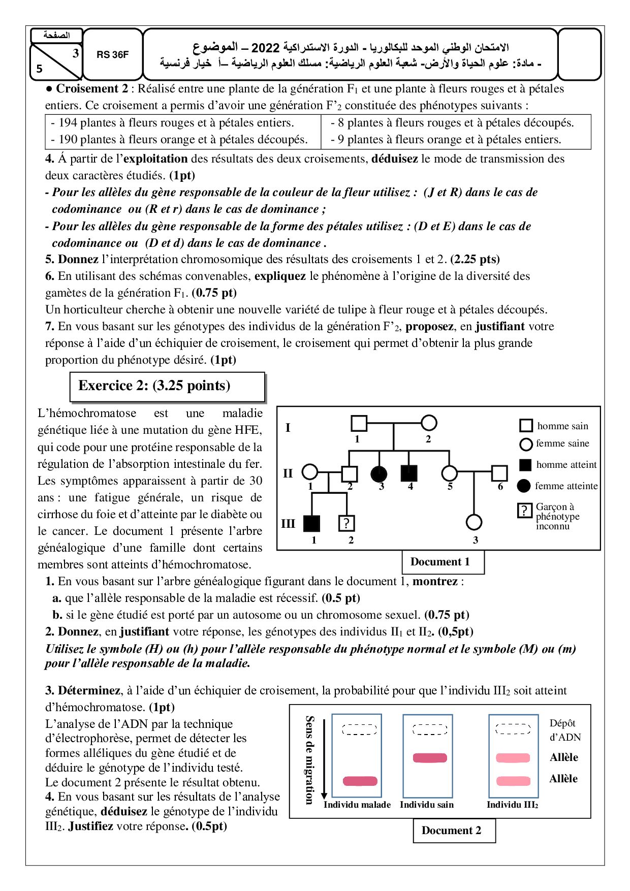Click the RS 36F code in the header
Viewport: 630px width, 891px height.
coord(112,55)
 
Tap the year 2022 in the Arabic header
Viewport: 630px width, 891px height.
coord(265,48)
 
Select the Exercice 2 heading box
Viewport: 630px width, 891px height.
coord(167,387)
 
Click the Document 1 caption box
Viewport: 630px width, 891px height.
coord(443,562)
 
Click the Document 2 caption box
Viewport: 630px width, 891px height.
coord(454,831)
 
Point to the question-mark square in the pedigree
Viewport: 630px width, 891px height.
coord(346,523)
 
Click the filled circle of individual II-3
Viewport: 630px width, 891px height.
coord(379,473)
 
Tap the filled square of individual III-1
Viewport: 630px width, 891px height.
coord(311,523)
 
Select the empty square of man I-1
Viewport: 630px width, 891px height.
coord(359,423)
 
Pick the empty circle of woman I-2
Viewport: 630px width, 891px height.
coord(429,423)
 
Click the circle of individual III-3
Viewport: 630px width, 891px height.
coord(474,522)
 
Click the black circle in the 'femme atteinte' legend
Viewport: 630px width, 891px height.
coord(524,486)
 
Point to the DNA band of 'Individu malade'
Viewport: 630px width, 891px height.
coord(360,781)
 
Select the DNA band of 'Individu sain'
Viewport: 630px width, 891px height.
coord(430,758)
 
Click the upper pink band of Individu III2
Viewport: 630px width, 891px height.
coord(513,758)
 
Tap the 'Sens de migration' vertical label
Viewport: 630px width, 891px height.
coord(309,759)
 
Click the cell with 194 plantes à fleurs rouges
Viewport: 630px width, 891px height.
coord(173,123)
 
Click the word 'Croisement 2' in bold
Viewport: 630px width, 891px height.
coord(92,89)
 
